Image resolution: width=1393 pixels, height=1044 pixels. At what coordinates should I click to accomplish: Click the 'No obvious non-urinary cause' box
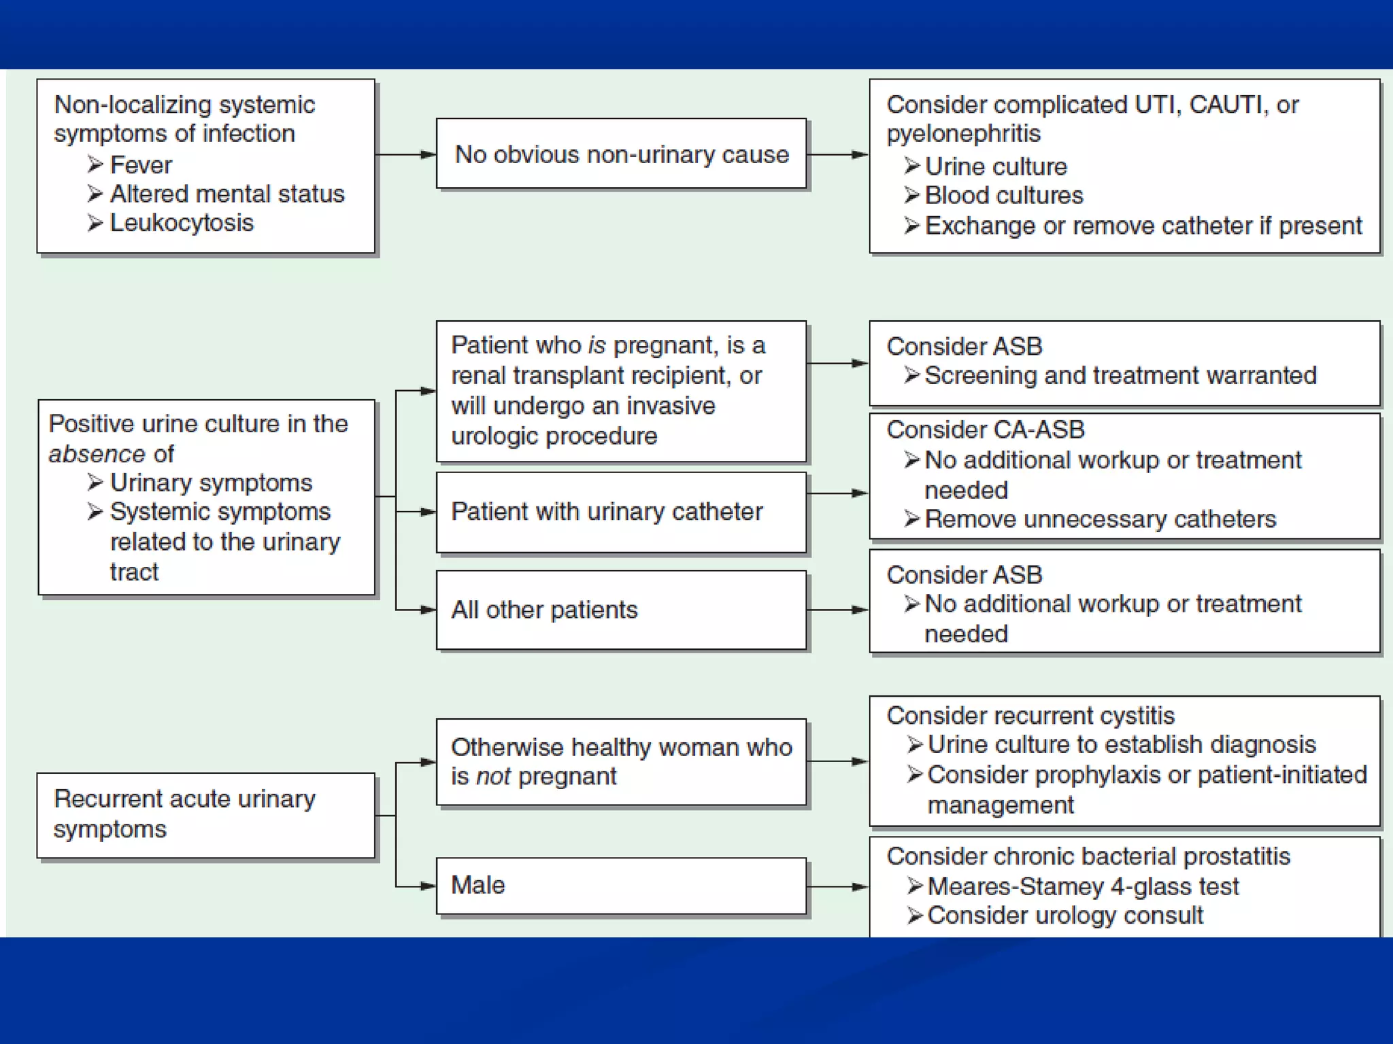(621, 154)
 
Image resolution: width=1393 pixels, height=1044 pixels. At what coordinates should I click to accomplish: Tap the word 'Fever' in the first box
(141, 165)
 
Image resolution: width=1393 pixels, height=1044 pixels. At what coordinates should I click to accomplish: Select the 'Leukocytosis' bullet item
(182, 223)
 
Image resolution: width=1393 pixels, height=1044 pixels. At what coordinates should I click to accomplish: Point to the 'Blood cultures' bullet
(1003, 196)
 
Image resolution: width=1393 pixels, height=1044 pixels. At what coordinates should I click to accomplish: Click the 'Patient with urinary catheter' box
(621, 512)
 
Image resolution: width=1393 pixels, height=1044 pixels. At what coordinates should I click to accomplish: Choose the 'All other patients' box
(621, 610)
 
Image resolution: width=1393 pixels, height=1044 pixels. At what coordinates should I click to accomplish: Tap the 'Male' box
(621, 886)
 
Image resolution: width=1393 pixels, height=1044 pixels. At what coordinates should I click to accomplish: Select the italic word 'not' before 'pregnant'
(493, 776)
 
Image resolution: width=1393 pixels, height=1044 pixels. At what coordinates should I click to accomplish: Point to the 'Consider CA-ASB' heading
(986, 430)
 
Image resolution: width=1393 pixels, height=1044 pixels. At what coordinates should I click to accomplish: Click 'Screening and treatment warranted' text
(1120, 375)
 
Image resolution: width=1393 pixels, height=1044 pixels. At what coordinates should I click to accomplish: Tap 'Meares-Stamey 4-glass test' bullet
(1083, 886)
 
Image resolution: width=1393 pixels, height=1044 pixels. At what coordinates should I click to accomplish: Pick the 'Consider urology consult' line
(1065, 916)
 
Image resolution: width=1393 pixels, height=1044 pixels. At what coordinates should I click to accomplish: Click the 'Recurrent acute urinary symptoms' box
(206, 815)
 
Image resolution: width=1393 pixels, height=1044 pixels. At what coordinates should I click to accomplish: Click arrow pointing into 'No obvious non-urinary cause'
(407, 155)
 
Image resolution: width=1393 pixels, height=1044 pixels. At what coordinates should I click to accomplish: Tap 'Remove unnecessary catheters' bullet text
(1100, 519)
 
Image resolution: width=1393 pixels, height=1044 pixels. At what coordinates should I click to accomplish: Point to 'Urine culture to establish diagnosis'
(1122, 744)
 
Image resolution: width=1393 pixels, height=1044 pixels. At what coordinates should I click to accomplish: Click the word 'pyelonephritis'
(963, 134)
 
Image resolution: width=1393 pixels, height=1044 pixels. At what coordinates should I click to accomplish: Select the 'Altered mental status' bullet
(227, 194)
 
